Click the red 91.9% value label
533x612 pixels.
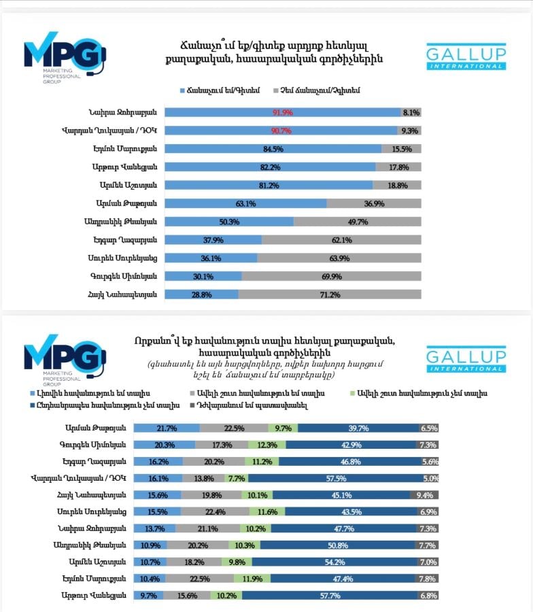click(282, 112)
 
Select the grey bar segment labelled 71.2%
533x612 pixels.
click(330, 294)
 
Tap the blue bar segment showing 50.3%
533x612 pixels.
click(228, 221)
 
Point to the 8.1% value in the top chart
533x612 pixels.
click(411, 112)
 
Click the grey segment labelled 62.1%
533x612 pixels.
click(341, 239)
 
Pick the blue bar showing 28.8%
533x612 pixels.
click(201, 294)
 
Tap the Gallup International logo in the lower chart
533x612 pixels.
click(466, 359)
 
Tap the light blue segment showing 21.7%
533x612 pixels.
click(167, 428)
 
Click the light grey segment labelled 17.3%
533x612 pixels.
click(222, 445)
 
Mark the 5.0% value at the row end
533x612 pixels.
click(430, 478)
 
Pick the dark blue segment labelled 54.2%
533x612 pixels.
click(339, 562)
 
